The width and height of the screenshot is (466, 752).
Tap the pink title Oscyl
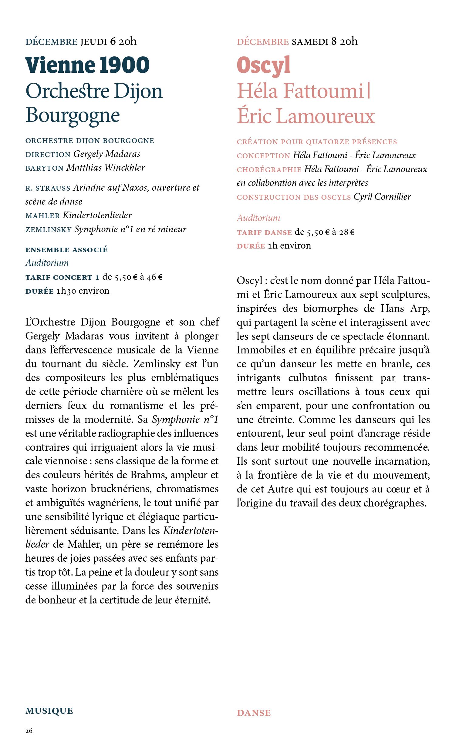264,65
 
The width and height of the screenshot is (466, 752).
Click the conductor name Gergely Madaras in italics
106,154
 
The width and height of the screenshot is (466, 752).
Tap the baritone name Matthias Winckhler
105,167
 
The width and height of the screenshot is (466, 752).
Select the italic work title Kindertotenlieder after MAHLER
97,215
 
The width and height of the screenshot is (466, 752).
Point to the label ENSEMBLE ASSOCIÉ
66,250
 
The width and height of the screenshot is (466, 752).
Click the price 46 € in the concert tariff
154,277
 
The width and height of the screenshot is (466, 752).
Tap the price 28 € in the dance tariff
347,232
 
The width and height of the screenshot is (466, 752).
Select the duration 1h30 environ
83,291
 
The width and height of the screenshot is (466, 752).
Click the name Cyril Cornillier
382,197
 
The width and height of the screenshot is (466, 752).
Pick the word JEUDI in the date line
93,42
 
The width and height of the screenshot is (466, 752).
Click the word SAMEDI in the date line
310,42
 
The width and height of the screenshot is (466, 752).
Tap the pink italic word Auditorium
258,218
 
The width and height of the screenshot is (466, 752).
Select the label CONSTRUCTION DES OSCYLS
294,197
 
